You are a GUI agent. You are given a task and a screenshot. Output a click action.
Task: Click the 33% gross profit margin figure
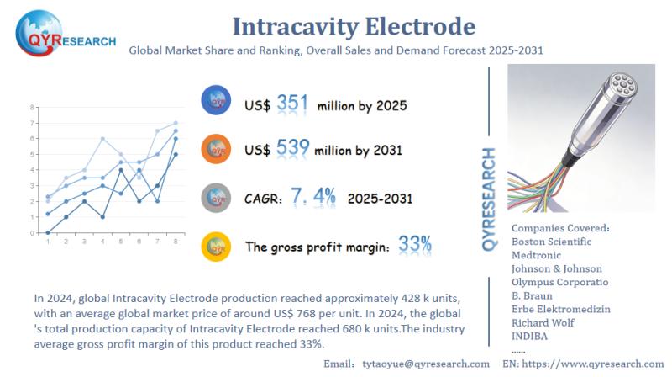(415, 245)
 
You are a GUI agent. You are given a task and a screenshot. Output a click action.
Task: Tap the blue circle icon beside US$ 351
(217, 103)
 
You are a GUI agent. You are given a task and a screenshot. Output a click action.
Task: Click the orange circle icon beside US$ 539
(217, 149)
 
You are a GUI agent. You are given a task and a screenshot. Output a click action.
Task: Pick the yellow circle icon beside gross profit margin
(217, 245)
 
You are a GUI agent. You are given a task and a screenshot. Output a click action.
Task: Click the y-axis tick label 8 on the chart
(32, 108)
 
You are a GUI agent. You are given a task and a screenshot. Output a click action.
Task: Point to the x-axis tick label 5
(121, 242)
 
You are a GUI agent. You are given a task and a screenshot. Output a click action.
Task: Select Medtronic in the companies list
(540, 255)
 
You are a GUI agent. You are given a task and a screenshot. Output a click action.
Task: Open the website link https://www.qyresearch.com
(600, 364)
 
